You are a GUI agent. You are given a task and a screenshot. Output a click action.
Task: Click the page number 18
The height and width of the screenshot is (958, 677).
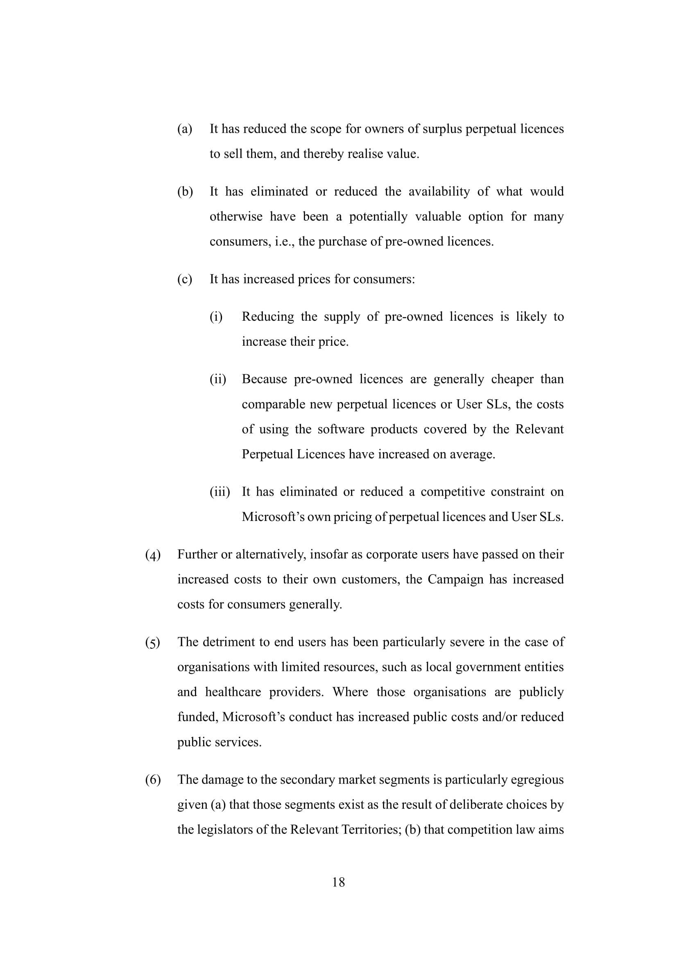(x=338, y=882)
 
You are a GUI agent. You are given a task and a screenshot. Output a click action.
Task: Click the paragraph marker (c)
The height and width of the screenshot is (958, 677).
(x=185, y=279)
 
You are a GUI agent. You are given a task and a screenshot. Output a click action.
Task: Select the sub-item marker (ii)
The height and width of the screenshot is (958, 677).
(x=218, y=379)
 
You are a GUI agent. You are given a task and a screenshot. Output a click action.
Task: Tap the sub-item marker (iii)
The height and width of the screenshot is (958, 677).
(x=220, y=492)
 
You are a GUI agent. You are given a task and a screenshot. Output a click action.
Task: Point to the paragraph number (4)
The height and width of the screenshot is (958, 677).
(x=153, y=555)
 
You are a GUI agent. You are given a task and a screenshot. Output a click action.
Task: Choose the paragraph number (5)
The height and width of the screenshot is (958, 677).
(x=153, y=643)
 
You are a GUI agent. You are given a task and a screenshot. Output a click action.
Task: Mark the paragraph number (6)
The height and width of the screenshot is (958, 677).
(x=153, y=780)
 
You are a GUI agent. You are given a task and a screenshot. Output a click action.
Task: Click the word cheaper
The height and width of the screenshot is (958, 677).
(x=512, y=379)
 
